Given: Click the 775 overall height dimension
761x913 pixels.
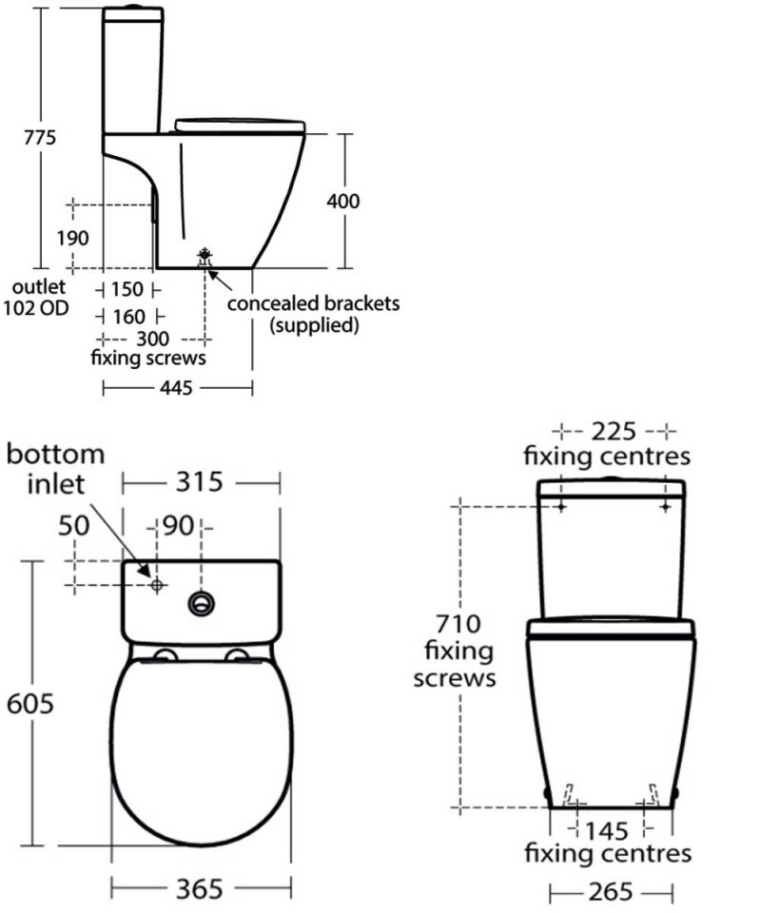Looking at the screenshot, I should (41, 138).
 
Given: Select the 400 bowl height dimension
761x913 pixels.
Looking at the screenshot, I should (343, 201).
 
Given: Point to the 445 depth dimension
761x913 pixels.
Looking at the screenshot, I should (178, 387).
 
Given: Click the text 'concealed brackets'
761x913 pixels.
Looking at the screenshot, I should (313, 304).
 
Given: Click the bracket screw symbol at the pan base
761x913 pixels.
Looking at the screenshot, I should (205, 255).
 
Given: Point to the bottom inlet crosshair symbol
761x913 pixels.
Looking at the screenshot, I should (157, 583).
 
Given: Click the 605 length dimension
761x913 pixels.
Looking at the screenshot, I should (29, 704).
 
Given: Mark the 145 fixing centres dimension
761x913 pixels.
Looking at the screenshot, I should (610, 829).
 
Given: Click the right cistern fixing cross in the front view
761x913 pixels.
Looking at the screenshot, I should (664, 508).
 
